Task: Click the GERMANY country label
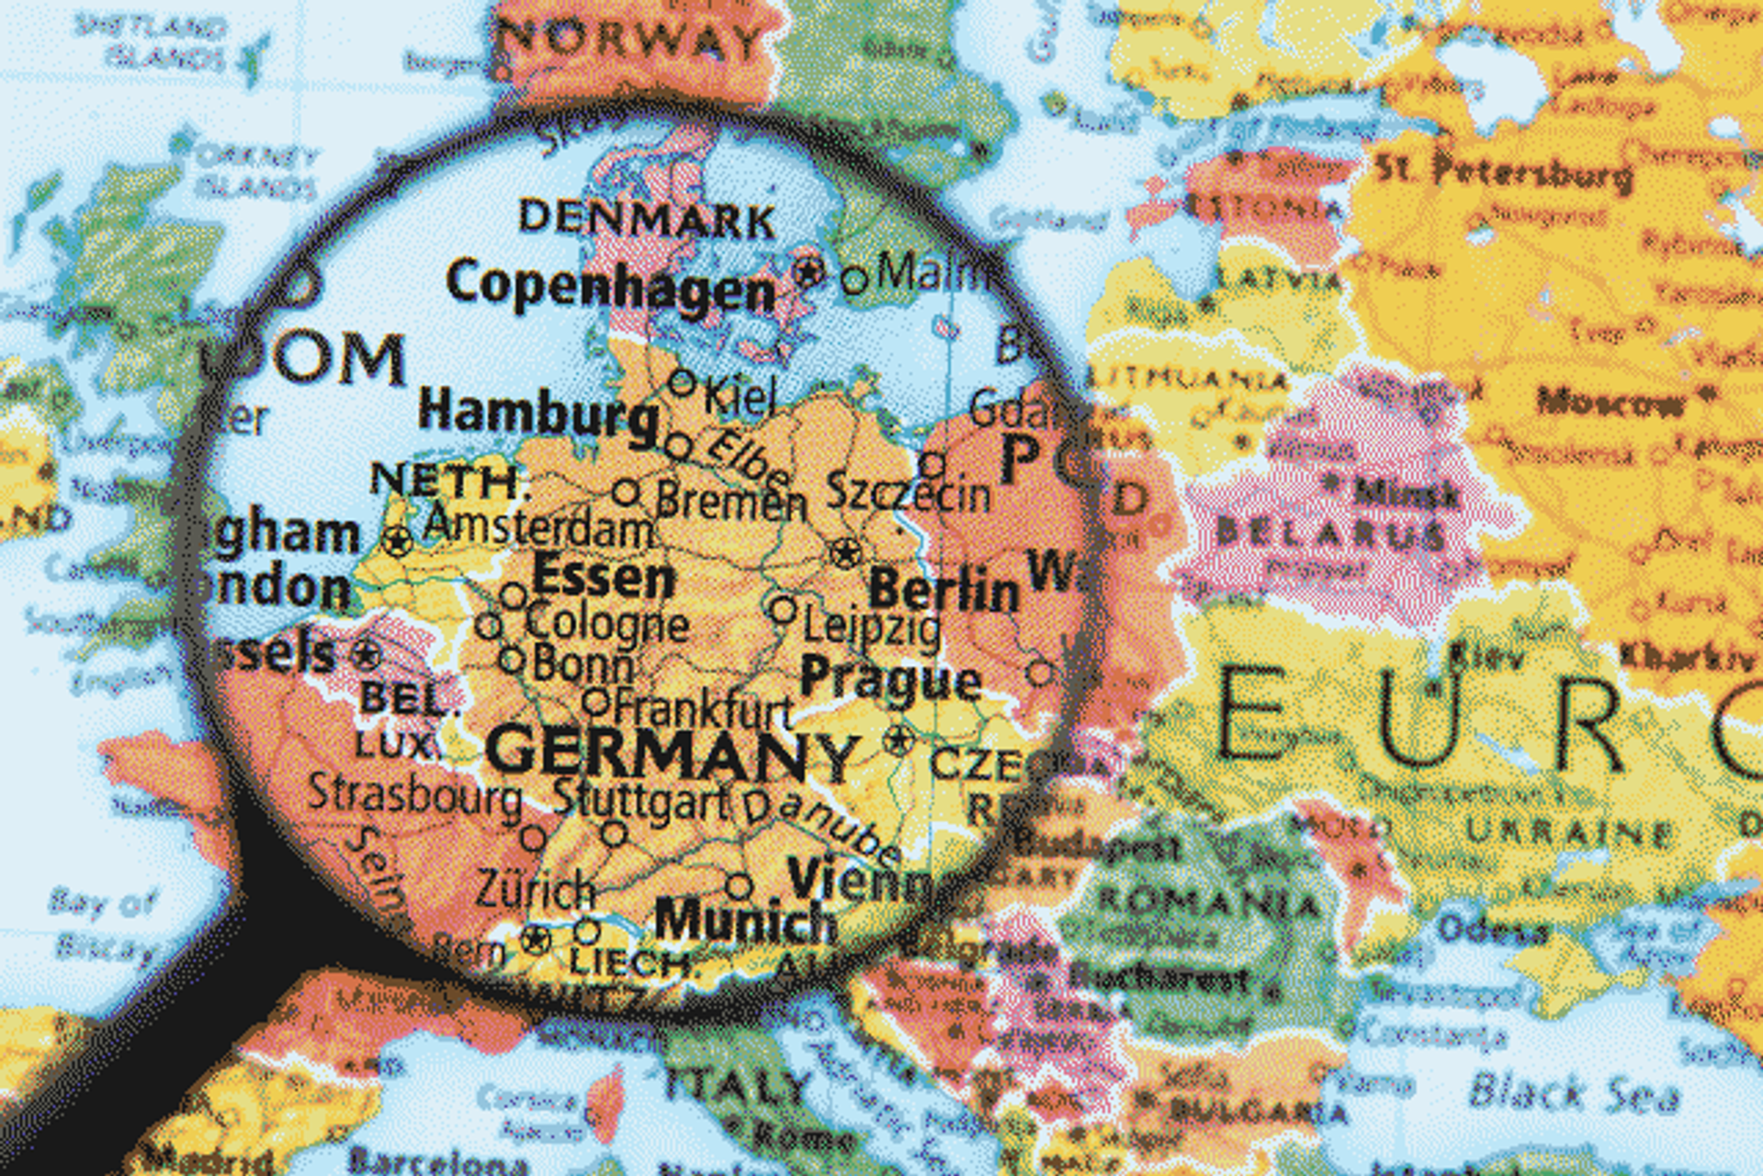tap(671, 752)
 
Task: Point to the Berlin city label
tap(944, 589)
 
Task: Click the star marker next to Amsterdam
tap(398, 541)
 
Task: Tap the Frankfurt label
tap(703, 709)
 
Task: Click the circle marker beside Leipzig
tap(783, 609)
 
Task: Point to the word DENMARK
tap(647, 219)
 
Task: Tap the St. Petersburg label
tap(1504, 172)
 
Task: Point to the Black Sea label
tap(1574, 1093)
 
